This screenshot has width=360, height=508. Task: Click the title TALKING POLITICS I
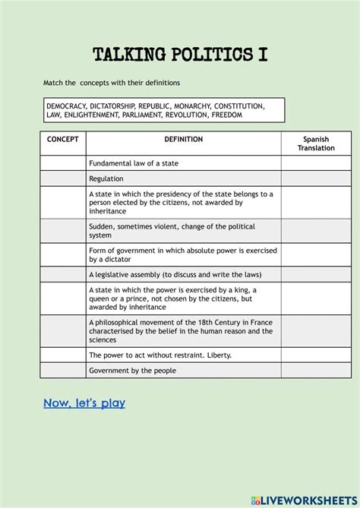[179, 55]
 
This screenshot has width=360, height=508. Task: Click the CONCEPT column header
[63, 140]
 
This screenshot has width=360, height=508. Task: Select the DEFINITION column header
[183, 140]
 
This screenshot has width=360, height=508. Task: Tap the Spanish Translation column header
[316, 144]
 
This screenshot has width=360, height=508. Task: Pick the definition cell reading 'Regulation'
[106, 178]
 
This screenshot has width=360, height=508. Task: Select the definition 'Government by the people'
[132, 371]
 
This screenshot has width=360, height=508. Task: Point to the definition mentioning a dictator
[182, 254]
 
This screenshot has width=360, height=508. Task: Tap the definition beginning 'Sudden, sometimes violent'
[172, 231]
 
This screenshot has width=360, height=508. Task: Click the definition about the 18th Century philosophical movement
[180, 331]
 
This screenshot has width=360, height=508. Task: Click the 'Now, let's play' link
[84, 403]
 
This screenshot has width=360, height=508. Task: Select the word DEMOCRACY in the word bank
[65, 106]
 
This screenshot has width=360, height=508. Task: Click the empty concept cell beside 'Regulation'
[63, 178]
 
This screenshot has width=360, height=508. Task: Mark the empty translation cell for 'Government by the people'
[316, 371]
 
